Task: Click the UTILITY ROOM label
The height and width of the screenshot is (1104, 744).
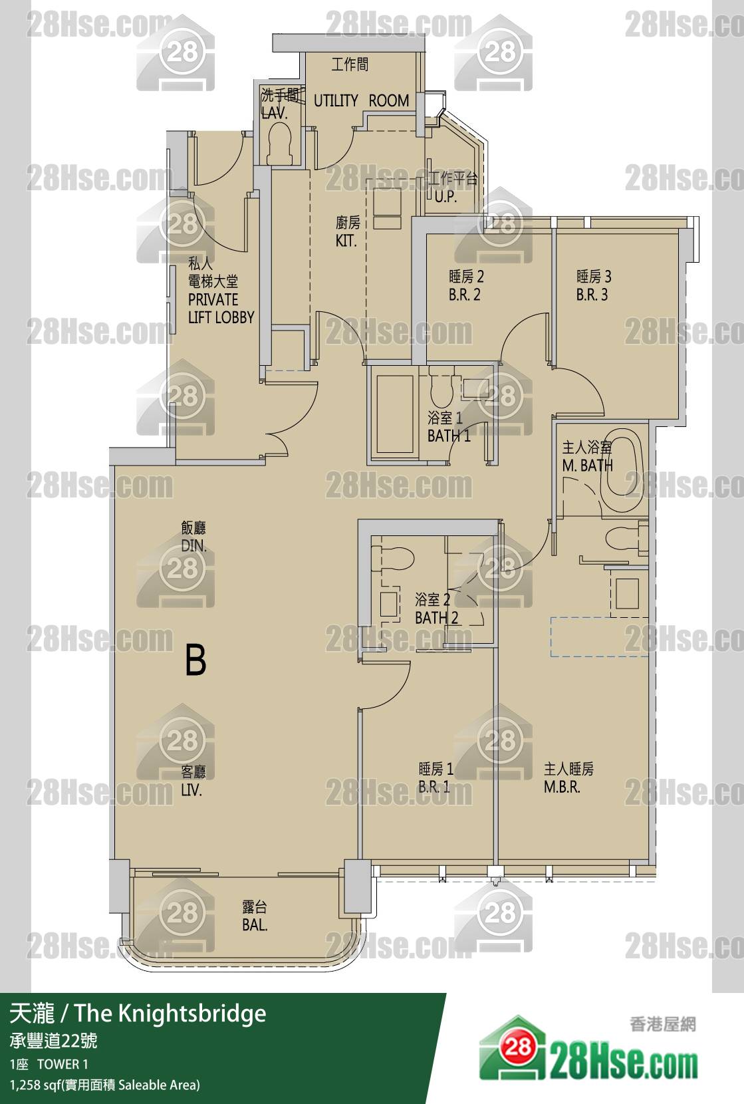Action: pyautogui.click(x=361, y=100)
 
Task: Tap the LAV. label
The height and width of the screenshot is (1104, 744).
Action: pyautogui.click(x=274, y=113)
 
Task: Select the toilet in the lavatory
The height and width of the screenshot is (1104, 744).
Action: pyautogui.click(x=280, y=143)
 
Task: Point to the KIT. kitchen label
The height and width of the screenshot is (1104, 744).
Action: pyautogui.click(x=346, y=241)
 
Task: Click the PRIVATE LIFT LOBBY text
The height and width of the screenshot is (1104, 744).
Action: pyautogui.click(x=221, y=308)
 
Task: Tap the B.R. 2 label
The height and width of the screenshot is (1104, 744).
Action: pyautogui.click(x=463, y=295)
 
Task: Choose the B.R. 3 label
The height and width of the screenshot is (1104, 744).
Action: pyautogui.click(x=592, y=295)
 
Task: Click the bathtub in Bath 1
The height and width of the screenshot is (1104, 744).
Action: pyautogui.click(x=395, y=414)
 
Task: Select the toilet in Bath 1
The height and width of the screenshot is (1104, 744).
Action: pyautogui.click(x=441, y=388)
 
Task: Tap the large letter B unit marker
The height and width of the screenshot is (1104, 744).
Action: pyautogui.click(x=195, y=660)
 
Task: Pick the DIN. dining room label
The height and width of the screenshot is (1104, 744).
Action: pyautogui.click(x=193, y=545)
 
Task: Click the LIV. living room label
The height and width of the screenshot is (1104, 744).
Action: pyautogui.click(x=191, y=790)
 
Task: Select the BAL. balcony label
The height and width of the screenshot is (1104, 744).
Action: pyautogui.click(x=255, y=925)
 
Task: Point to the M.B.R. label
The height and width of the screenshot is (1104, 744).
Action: pyautogui.click(x=562, y=787)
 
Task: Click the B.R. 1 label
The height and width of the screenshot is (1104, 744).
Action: pyautogui.click(x=434, y=787)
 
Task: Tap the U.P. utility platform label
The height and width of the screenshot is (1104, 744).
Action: pyautogui.click(x=445, y=197)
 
